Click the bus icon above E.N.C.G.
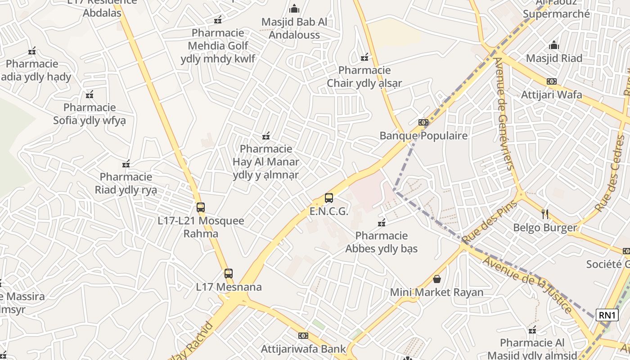click(x=329, y=198)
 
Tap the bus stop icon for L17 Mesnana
click(x=229, y=273)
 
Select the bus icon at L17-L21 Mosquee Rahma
click(x=201, y=207)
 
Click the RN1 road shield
click(x=607, y=315)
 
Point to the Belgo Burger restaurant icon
click(x=545, y=214)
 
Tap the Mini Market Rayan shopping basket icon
click(x=436, y=279)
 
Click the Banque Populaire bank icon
click(x=423, y=122)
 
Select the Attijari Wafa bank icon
click(x=551, y=81)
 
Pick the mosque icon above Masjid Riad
click(x=554, y=45)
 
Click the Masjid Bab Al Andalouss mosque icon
click(x=294, y=9)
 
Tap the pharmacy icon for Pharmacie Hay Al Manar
click(x=266, y=135)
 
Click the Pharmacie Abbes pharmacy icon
click(x=382, y=222)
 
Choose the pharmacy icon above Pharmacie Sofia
click(x=90, y=94)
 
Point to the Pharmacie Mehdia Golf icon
click(x=218, y=20)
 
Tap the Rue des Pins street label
click(x=489, y=223)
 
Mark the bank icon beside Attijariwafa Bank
click(x=303, y=336)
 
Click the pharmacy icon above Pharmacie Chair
click(x=364, y=57)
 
